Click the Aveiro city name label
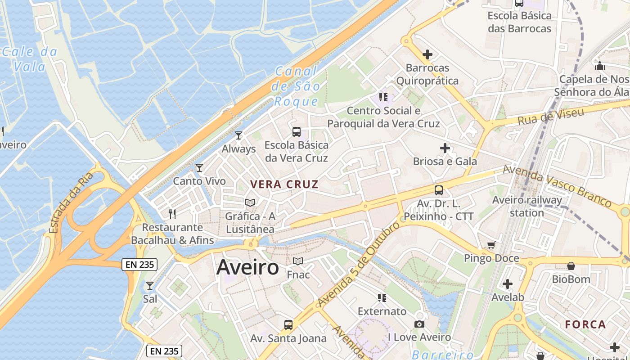(247, 267)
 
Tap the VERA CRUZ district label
(284, 184)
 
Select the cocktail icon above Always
(238, 135)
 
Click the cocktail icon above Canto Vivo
(199, 168)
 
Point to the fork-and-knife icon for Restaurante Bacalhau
(171, 213)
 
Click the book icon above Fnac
(298, 261)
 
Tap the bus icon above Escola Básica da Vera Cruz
(297, 131)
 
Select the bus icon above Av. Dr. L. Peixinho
(439, 190)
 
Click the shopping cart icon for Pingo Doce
(491, 245)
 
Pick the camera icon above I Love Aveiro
(419, 324)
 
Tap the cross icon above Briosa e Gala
(445, 148)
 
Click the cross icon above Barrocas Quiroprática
(427, 54)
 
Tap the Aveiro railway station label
(526, 206)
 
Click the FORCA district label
(585, 324)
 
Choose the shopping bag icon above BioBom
(571, 266)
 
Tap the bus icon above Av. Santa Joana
(288, 324)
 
